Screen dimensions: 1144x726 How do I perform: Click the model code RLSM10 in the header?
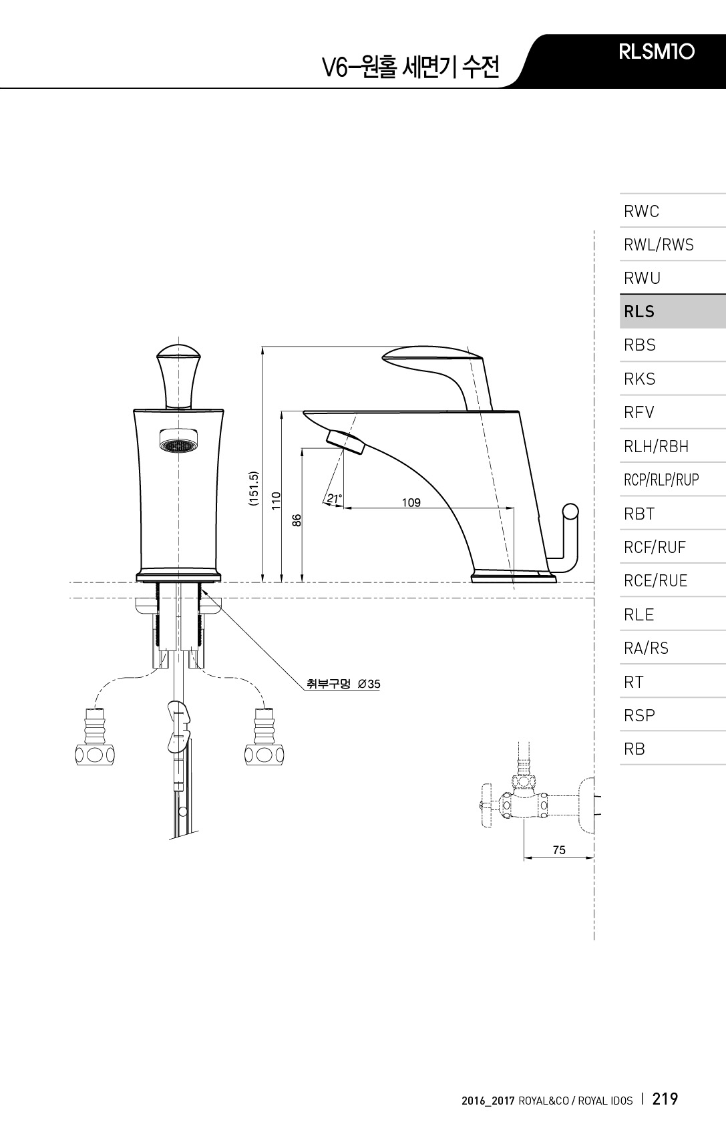point(657,52)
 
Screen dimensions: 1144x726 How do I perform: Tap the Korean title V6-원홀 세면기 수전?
point(410,67)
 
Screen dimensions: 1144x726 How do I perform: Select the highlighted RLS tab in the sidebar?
point(639,312)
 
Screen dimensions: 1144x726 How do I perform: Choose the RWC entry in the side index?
point(641,212)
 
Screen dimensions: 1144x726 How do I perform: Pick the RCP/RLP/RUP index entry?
point(661,480)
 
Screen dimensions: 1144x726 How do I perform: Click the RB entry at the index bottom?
point(634,749)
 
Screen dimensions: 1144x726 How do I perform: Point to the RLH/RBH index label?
point(656,446)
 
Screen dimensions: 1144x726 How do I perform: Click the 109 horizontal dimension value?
point(411,502)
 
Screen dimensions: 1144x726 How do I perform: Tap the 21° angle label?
point(334,498)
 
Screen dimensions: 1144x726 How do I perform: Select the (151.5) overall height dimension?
point(253,489)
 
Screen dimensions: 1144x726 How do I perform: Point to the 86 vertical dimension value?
point(297,520)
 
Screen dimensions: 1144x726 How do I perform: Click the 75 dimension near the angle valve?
point(559,850)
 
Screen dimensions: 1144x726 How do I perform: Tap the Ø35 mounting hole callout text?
point(343,684)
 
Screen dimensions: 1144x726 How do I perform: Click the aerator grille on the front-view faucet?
point(178,444)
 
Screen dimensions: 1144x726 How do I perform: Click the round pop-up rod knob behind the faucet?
point(570,512)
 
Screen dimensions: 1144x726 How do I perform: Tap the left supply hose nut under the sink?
point(94,755)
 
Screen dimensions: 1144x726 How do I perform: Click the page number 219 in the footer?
point(665,1099)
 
